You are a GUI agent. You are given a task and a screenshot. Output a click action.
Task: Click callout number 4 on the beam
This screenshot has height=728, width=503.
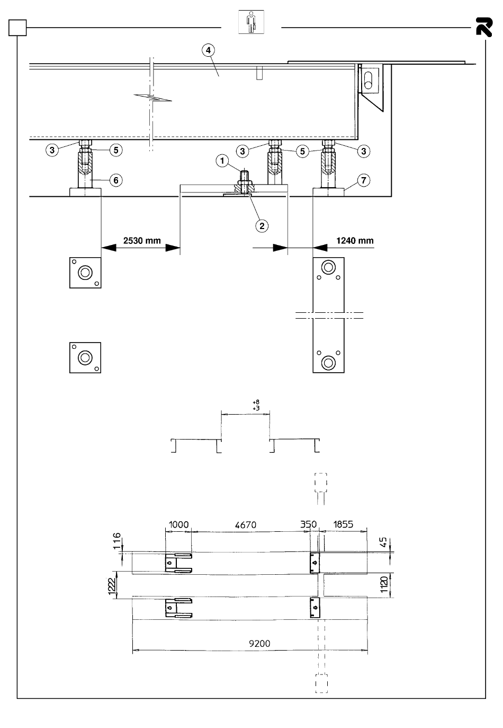pos(208,50)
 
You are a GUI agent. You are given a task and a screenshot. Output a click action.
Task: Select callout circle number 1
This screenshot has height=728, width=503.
pos(222,161)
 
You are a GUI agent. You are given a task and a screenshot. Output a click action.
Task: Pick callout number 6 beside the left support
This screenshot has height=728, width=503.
pos(116,180)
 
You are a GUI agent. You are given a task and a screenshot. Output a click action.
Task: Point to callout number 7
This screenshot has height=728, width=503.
pos(363,180)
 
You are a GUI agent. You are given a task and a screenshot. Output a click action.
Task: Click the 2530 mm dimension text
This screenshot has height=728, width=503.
pos(142,241)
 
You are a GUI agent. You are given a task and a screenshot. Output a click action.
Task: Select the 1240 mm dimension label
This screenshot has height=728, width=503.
pos(355,241)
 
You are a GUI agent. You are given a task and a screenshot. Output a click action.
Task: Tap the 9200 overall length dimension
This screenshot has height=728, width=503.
pos(259,644)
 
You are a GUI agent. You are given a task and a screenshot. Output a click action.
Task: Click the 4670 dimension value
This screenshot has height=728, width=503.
pos(246,525)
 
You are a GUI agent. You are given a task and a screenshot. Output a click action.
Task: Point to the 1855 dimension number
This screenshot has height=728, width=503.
pos(343,524)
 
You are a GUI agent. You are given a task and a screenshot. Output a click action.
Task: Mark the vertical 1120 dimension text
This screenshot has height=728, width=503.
pos(384,584)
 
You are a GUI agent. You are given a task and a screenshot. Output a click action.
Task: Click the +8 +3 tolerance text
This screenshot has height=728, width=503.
pos(256,405)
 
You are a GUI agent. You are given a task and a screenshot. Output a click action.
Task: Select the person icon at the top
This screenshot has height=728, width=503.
pos(251,22)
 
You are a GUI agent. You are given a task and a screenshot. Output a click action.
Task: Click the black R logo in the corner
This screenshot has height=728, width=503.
pos(484,27)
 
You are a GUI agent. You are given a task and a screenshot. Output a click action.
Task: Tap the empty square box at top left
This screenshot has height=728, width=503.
pos(17,28)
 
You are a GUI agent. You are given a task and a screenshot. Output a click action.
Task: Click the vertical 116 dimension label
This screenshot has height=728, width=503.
pos(117,541)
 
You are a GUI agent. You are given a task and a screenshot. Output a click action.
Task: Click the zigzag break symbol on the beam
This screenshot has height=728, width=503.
pos(153,97)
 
